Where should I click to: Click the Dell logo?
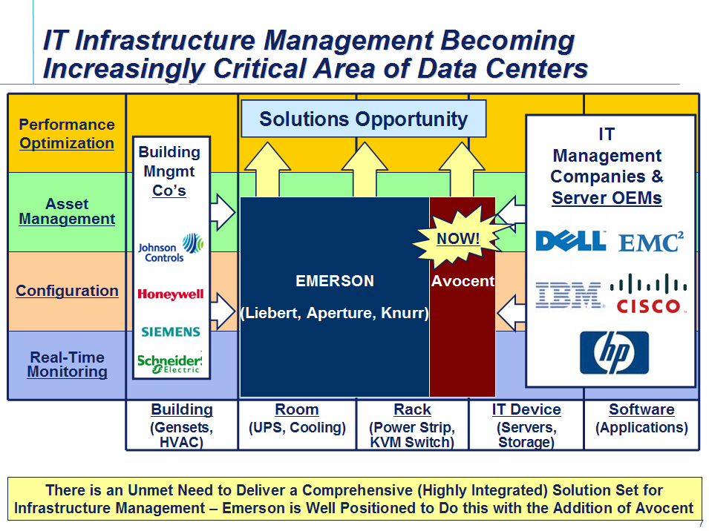pyautogui.click(x=571, y=241)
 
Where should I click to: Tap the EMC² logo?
pyautogui.click(x=651, y=242)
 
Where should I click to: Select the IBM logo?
pyautogui.click(x=569, y=295)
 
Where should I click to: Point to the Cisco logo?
pyautogui.click(x=648, y=294)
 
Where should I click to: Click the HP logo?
pyautogui.click(x=614, y=353)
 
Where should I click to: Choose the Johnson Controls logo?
pyautogui.click(x=171, y=248)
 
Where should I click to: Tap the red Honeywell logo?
pyautogui.click(x=171, y=294)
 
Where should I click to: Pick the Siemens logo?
pyautogui.click(x=171, y=332)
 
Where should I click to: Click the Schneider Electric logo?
pyautogui.click(x=169, y=363)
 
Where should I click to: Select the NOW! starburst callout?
pyautogui.click(x=457, y=238)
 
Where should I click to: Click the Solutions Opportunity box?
pyautogui.click(x=364, y=119)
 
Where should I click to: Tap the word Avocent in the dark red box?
pyautogui.click(x=463, y=281)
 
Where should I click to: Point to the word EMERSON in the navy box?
pyautogui.click(x=335, y=281)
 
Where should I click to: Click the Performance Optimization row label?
pyautogui.click(x=67, y=133)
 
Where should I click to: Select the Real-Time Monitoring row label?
pyautogui.click(x=67, y=364)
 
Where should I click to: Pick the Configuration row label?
pyautogui.click(x=67, y=291)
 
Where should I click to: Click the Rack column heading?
pyautogui.click(x=412, y=409)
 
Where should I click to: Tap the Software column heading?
pyautogui.click(x=641, y=409)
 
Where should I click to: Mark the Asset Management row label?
pyautogui.click(x=67, y=211)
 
